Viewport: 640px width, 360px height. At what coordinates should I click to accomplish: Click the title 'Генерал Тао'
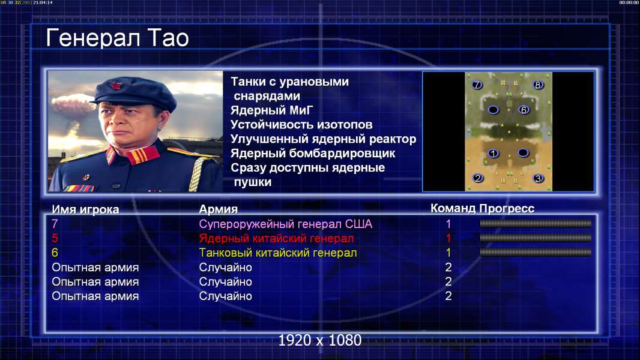click(x=118, y=38)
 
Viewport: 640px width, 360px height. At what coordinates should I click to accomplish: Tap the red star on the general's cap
click(x=116, y=86)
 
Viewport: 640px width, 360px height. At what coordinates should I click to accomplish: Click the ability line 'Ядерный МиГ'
click(x=272, y=110)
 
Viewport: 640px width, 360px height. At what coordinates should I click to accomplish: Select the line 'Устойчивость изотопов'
click(x=301, y=125)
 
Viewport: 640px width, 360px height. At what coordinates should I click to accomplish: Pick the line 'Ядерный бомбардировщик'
click(x=313, y=153)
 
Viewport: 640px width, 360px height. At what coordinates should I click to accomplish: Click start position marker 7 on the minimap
click(x=477, y=85)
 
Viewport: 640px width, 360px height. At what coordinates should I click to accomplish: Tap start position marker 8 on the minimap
click(x=537, y=85)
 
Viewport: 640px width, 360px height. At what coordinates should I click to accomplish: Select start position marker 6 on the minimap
click(x=524, y=110)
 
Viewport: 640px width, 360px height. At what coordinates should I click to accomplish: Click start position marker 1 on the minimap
click(x=493, y=153)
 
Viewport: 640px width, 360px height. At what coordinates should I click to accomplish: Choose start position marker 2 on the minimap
click(x=477, y=178)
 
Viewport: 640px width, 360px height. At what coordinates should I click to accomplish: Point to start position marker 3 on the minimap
click(x=538, y=178)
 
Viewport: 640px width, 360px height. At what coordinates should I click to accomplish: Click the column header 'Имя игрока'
click(x=85, y=209)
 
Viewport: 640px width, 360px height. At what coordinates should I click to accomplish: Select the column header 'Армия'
click(x=219, y=209)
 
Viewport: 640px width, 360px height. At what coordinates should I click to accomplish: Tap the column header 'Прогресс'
click(x=507, y=209)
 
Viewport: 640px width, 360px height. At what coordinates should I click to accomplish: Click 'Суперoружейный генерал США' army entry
click(x=286, y=224)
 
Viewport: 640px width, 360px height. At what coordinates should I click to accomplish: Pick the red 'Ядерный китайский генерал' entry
click(x=276, y=239)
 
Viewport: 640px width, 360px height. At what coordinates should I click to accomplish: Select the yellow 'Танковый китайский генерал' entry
click(x=278, y=253)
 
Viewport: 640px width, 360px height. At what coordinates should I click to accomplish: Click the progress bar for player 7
click(x=536, y=223)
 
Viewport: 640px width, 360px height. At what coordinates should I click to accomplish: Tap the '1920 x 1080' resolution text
click(x=320, y=340)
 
